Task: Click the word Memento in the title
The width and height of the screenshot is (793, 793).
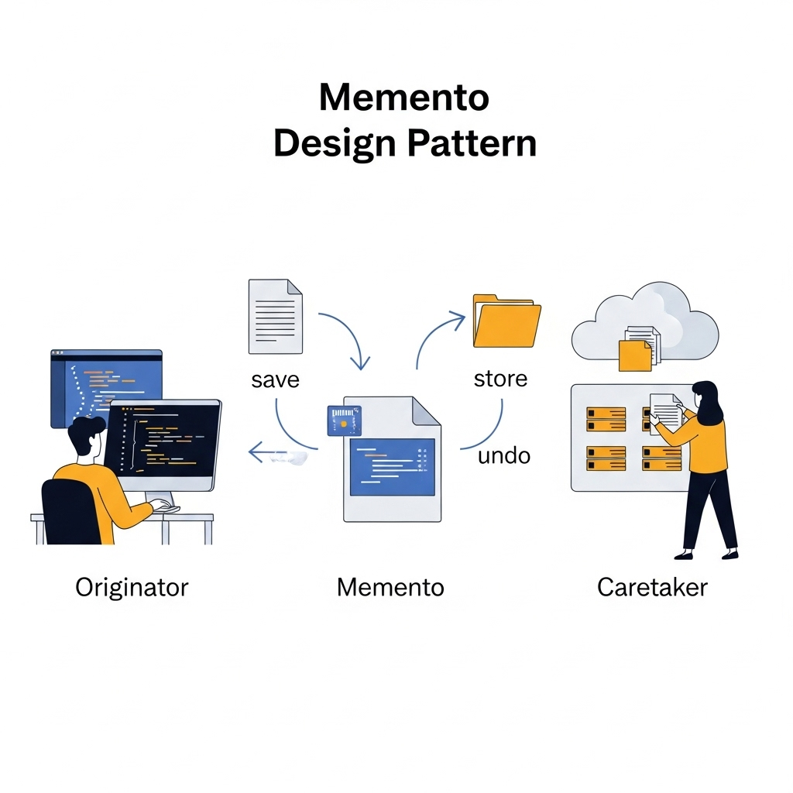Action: point(403,98)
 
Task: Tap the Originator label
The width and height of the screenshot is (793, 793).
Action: point(132,587)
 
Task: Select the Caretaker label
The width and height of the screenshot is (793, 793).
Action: point(652,587)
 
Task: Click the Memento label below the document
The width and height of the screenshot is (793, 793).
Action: point(390,587)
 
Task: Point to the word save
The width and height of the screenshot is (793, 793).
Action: point(275,380)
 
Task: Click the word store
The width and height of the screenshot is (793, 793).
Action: point(500,379)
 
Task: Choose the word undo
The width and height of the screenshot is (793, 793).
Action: point(503,455)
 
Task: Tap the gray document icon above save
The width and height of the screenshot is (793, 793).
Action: point(275,316)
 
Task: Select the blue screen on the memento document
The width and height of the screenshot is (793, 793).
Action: point(392,466)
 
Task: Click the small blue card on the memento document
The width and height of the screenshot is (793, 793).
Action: point(344,421)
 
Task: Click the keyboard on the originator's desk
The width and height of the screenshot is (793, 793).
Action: point(166,506)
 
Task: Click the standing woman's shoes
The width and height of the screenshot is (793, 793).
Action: point(705,554)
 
